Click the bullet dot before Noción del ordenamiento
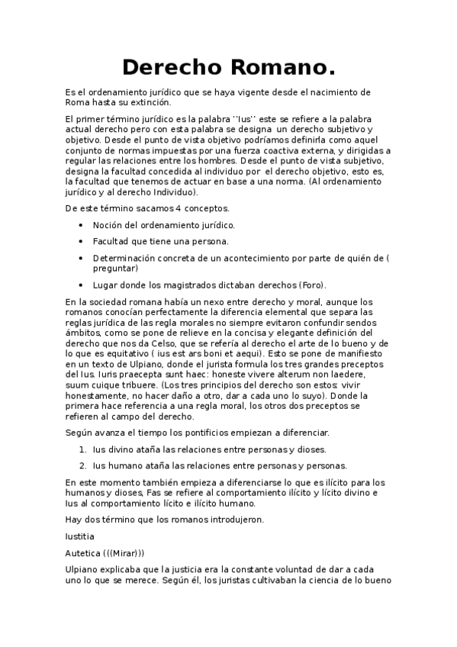tap(82, 225)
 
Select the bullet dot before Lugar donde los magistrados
tap(82, 285)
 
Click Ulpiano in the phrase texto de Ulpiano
tap(146, 365)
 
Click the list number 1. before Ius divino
tap(82, 449)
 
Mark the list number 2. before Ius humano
tap(82, 465)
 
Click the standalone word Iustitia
tap(82, 536)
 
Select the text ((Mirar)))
tap(124, 552)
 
